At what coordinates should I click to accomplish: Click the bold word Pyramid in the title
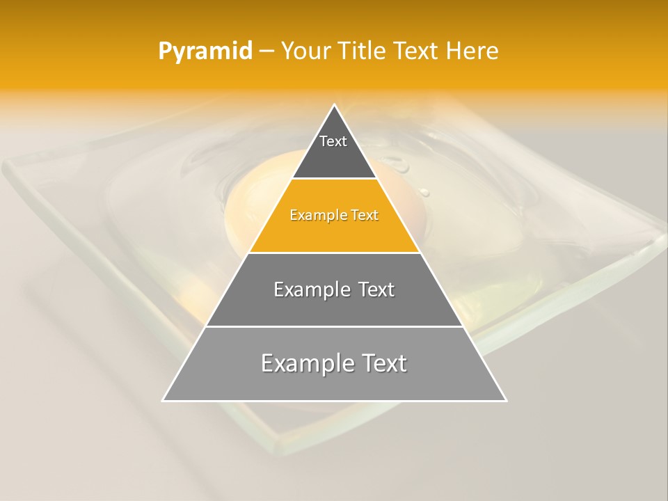(205, 51)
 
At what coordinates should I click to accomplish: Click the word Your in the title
(305, 51)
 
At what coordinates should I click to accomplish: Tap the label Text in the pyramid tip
(333, 141)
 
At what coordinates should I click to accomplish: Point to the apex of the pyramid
(335, 105)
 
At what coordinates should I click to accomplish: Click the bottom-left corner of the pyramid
(163, 401)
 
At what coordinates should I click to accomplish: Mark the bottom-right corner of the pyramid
(506, 401)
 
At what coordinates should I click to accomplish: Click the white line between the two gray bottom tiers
(334, 326)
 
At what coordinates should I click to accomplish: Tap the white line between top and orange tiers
(334, 179)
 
